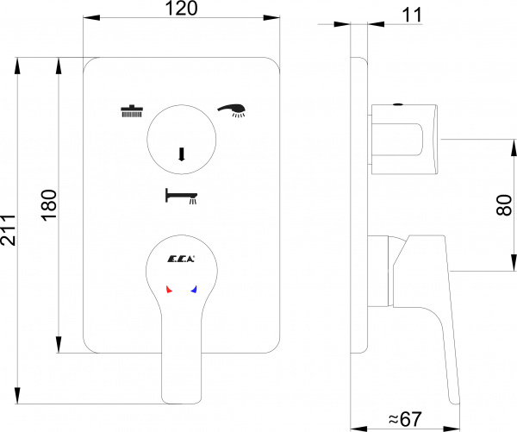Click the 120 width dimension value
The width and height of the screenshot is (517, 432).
tap(182, 9)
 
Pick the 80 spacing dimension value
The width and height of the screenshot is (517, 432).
tap(505, 204)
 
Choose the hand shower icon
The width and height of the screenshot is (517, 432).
tap(232, 109)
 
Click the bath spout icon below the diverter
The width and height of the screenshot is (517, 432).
tap(181, 197)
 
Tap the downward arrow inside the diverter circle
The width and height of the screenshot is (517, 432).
tap(182, 154)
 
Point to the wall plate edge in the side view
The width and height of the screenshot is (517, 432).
tap(356, 207)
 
